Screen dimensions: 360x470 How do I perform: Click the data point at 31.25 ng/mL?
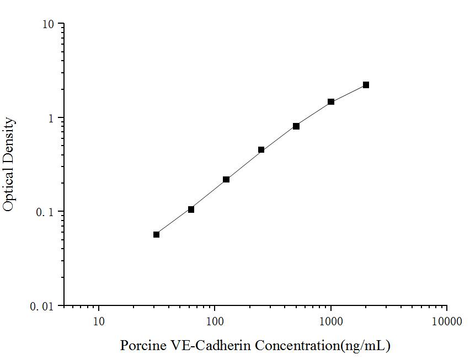click(157, 234)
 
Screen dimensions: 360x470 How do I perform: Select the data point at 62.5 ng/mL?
click(191, 209)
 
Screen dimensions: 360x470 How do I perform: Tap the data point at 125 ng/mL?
click(226, 179)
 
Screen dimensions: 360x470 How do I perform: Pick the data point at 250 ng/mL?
click(261, 150)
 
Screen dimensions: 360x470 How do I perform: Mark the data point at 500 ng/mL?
click(296, 126)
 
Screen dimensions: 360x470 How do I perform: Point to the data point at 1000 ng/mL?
click(331, 102)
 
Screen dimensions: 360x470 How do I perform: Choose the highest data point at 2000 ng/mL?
click(366, 85)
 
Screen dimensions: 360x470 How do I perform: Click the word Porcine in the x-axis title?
click(141, 346)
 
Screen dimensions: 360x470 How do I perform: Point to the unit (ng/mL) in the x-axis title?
click(366, 346)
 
